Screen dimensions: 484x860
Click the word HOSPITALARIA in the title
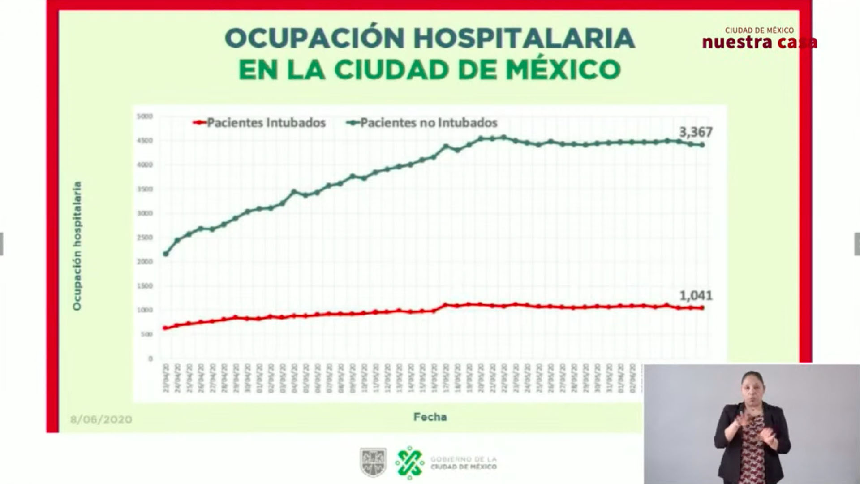[524, 38]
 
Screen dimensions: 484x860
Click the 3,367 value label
[696, 132]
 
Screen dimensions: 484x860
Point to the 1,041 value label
[696, 296]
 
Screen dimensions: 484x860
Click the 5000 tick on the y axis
[145, 117]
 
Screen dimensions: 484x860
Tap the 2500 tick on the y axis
[145, 238]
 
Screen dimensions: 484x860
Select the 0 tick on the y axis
[150, 359]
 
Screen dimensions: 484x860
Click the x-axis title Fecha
[430, 417]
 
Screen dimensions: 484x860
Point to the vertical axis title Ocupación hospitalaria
[77, 246]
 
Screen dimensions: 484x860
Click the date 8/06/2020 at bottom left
[101, 419]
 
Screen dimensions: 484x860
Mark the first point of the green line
[166, 254]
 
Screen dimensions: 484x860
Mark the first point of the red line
[165, 328]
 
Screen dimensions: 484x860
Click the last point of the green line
[702, 145]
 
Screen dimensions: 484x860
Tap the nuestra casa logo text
[760, 42]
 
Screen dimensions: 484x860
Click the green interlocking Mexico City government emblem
[409, 462]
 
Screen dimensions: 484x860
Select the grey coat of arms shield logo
[373, 462]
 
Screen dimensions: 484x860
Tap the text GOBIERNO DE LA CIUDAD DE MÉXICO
[463, 463]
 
